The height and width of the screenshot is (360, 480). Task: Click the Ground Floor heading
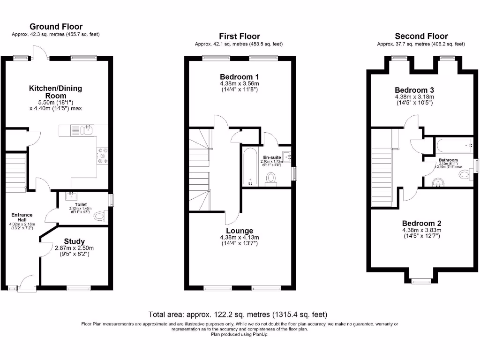pyautogui.click(x=56, y=27)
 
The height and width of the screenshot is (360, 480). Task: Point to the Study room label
pyautogui.click(x=75, y=241)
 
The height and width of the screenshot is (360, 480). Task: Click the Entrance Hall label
pyautogui.click(x=22, y=217)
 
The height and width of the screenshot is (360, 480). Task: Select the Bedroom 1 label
pyautogui.click(x=239, y=77)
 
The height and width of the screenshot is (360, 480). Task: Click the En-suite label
pyautogui.click(x=272, y=157)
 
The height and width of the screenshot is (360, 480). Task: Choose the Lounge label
pyautogui.click(x=239, y=231)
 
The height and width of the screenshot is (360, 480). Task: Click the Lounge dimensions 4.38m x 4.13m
pyautogui.click(x=239, y=237)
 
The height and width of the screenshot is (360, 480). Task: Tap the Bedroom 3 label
pyautogui.click(x=414, y=90)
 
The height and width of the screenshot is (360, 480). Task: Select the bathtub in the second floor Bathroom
pyautogui.click(x=453, y=146)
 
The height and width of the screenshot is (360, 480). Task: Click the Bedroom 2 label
pyautogui.click(x=421, y=224)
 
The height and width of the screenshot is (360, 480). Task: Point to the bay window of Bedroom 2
pyautogui.click(x=420, y=281)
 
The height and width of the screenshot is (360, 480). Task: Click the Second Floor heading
pyautogui.click(x=421, y=36)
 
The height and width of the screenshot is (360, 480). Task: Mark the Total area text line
pyautogui.click(x=238, y=315)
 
